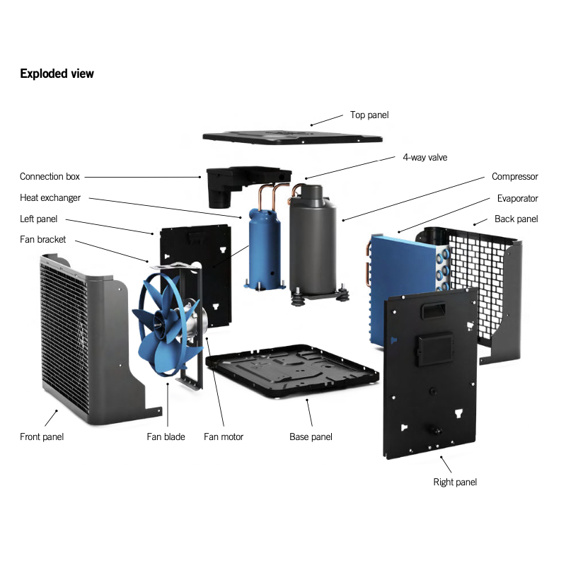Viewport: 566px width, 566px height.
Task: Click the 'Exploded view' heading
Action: pyautogui.click(x=57, y=74)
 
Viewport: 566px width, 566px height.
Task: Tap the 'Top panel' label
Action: pyautogui.click(x=369, y=115)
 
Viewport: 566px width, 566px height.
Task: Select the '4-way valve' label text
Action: pyautogui.click(x=424, y=157)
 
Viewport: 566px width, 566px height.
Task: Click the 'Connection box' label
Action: pyautogui.click(x=50, y=176)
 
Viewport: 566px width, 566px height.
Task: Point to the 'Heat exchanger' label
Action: pyautogui.click(x=50, y=197)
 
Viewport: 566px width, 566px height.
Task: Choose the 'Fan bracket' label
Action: pyautogui.click(x=42, y=239)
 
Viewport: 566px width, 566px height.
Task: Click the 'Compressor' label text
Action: pyautogui.click(x=514, y=176)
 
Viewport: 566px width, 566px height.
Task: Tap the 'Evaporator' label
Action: pyautogui.click(x=517, y=198)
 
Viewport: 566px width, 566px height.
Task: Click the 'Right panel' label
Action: pyautogui.click(x=455, y=482)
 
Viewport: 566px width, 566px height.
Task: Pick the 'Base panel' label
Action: pyautogui.click(x=311, y=437)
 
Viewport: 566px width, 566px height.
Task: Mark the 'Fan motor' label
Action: pyautogui.click(x=224, y=437)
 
